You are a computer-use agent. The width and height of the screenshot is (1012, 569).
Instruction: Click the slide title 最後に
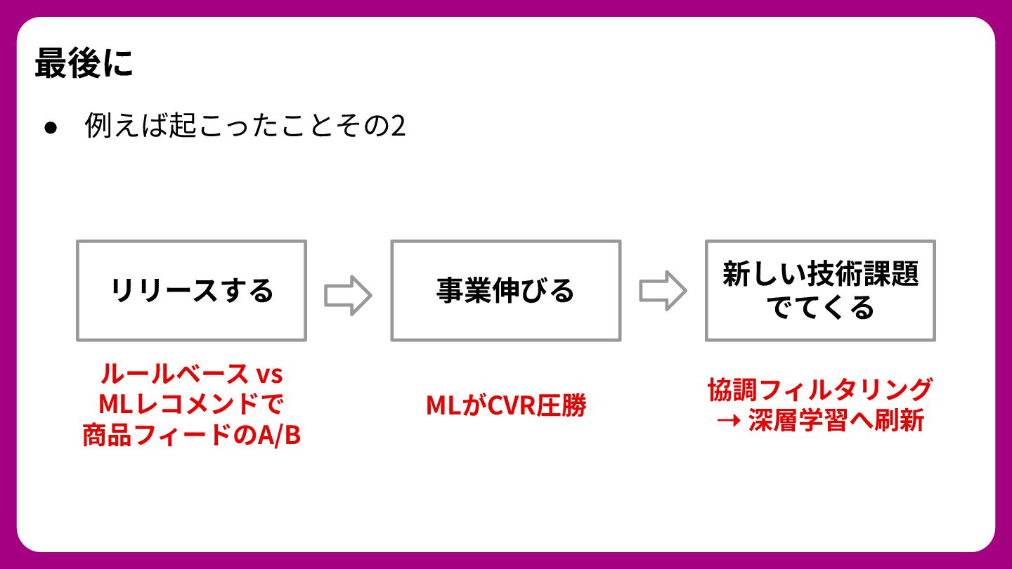84,64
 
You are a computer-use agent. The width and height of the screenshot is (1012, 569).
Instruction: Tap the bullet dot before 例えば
50,128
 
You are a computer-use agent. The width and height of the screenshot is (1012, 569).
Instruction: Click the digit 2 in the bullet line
398,127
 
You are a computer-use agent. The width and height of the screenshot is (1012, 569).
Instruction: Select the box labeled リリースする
191,290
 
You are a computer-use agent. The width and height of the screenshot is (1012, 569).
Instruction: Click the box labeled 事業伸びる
505,290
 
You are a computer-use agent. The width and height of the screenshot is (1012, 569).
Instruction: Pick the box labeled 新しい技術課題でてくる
820,290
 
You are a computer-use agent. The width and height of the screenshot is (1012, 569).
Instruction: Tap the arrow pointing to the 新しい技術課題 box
663,291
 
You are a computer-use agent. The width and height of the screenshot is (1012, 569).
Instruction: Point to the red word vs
268,374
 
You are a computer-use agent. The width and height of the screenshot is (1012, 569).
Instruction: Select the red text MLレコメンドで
191,405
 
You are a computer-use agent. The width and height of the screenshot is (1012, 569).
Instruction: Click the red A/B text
279,436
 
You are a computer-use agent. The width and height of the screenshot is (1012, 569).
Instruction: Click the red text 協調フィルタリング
820,389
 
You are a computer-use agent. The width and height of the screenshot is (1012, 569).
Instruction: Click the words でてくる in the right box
820,307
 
